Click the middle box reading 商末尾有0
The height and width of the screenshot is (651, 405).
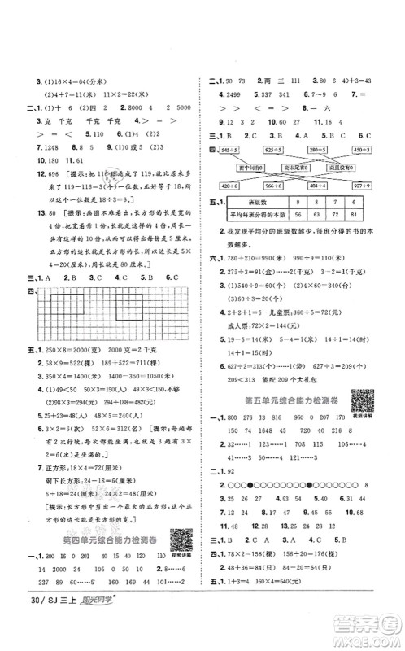click(x=293, y=167)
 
